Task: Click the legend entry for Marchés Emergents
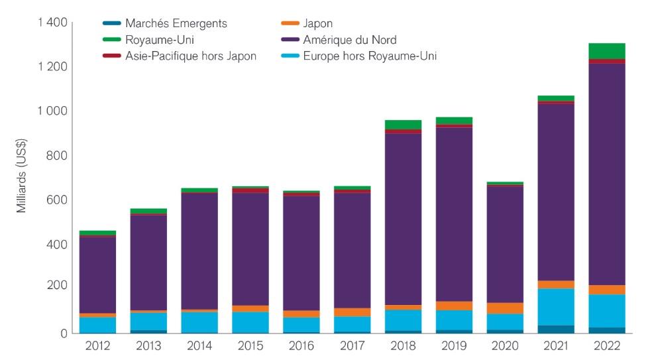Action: click(176, 23)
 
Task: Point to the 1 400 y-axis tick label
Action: click(52, 23)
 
